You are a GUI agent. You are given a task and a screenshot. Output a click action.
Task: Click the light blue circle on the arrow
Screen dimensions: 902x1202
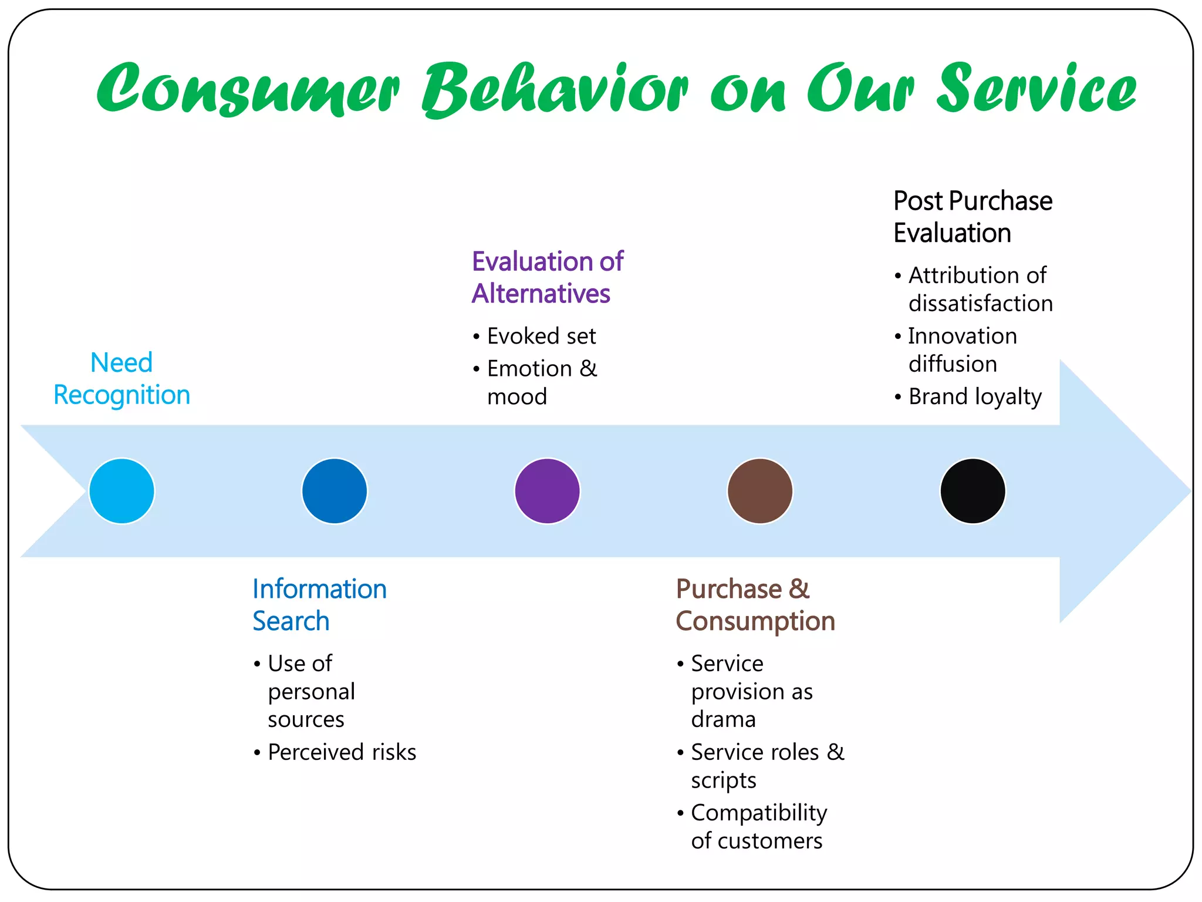[121, 491]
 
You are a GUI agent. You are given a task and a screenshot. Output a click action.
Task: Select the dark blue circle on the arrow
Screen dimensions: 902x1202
[335, 491]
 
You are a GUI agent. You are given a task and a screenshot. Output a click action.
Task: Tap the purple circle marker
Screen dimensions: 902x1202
[547, 491]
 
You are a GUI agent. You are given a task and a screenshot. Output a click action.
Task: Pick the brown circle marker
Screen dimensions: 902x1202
[760, 491]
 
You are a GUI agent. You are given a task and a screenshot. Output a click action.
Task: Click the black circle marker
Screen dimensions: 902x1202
[973, 491]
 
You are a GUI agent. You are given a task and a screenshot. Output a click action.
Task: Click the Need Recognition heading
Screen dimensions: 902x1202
[121, 379]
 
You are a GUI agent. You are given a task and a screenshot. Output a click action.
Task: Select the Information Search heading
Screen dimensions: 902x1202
[319, 605]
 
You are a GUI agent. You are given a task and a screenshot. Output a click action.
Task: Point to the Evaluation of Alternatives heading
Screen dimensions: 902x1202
[547, 277]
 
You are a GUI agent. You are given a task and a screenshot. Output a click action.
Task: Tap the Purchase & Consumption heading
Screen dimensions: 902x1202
[755, 605]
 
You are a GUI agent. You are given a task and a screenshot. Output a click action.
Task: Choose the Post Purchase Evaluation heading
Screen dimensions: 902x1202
[972, 217]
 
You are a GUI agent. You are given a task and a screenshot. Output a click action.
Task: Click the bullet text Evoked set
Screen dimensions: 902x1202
[541, 336]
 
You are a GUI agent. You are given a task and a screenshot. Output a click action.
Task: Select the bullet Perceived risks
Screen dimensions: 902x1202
[342, 752]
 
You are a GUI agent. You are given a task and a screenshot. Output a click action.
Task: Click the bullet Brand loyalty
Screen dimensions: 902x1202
[975, 397]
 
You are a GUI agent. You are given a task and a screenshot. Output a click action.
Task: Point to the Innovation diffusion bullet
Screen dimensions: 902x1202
[963, 350]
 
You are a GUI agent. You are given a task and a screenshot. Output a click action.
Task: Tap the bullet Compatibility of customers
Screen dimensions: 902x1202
[758, 827]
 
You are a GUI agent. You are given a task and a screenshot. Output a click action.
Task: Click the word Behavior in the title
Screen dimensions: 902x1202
[555, 89]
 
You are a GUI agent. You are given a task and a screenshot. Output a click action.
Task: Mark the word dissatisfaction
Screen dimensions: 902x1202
[980, 304]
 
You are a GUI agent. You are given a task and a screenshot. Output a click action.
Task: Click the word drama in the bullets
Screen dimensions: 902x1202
[723, 719]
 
